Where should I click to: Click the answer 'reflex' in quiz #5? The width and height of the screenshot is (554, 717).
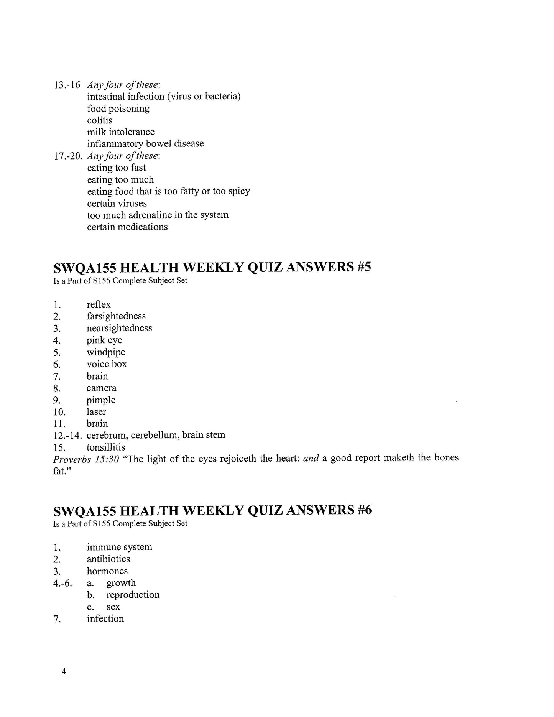click(99, 304)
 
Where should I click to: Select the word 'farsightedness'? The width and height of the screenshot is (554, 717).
click(116, 316)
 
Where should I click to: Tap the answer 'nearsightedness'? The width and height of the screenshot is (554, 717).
click(119, 328)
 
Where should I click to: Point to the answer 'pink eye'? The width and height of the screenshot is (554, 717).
click(104, 340)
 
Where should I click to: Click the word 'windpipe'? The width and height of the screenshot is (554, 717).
click(106, 352)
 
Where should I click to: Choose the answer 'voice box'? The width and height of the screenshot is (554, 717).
click(107, 364)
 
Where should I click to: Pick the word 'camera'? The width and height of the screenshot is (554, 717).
click(101, 388)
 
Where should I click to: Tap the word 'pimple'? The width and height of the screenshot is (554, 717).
click(101, 400)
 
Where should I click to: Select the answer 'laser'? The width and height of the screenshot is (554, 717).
click(96, 412)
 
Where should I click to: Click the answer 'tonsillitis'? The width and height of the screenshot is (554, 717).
click(106, 447)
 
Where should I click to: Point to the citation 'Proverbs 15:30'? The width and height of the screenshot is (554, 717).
click(86, 459)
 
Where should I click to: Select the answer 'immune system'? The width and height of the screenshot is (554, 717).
click(119, 547)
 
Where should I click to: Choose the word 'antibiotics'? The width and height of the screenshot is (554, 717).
click(108, 559)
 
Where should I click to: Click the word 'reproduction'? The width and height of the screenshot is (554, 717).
click(133, 595)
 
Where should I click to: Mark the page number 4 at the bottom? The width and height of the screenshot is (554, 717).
click(64, 671)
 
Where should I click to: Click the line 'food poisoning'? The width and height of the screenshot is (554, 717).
click(118, 109)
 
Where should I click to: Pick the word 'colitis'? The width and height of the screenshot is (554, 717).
click(100, 120)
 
